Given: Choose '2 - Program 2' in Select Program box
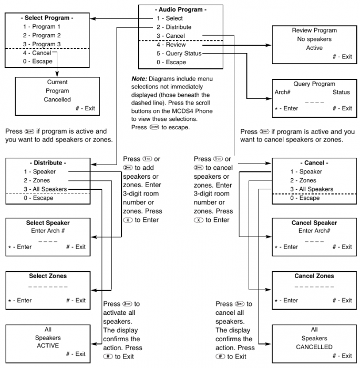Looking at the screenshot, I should coord(42,35).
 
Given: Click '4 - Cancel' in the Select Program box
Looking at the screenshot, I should coord(37,53).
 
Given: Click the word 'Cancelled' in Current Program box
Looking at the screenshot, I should coord(57,99).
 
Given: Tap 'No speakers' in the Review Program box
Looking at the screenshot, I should coord(314,39).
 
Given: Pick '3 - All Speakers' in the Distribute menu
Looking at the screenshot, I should coord(45,189).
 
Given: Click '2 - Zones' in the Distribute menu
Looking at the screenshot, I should coord(36,181).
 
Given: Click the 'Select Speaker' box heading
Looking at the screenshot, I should coord(48,223).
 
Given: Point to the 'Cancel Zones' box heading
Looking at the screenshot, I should coord(314,276).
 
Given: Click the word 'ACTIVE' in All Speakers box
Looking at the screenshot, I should coord(48,346).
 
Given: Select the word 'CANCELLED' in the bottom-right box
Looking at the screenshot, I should coord(314,347).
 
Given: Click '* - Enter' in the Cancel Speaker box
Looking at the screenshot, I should coord(286,247).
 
